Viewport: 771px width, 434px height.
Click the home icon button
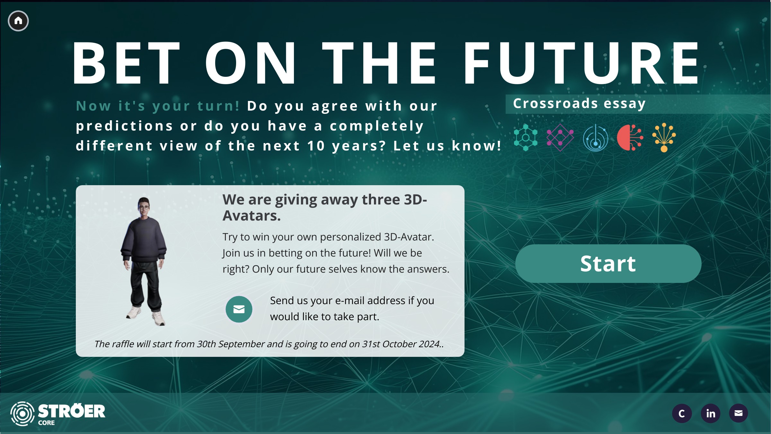click(18, 21)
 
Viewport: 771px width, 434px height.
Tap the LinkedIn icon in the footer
click(710, 413)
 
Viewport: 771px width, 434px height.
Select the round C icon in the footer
click(682, 413)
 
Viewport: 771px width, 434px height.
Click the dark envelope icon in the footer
click(739, 413)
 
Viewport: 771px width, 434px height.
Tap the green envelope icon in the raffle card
click(239, 309)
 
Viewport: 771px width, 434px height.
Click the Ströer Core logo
click(58, 414)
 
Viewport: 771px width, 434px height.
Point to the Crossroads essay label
click(579, 104)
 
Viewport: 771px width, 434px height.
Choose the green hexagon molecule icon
click(526, 138)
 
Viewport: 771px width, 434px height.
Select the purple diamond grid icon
click(560, 138)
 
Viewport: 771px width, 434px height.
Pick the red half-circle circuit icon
click(630, 138)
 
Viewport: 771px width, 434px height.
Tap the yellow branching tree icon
click(664, 138)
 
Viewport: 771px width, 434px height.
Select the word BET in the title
click(126, 63)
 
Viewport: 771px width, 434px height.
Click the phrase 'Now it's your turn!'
click(158, 106)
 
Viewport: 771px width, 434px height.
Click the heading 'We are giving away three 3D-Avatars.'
click(325, 208)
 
